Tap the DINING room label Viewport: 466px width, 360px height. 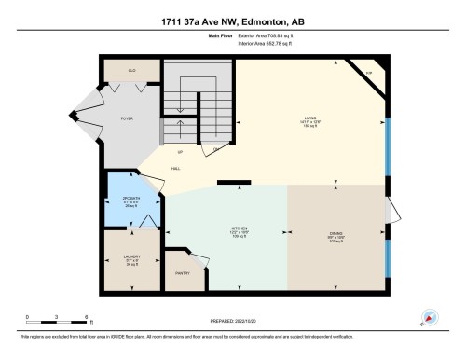click(x=335, y=234)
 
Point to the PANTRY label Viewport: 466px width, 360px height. click(x=183, y=273)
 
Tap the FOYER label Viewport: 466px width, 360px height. click(x=127, y=118)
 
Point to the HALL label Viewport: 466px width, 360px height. click(x=175, y=168)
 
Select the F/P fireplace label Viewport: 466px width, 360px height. click(x=368, y=71)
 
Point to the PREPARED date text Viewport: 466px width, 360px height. click(x=232, y=321)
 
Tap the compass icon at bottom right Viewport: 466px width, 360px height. click(x=429, y=317)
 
